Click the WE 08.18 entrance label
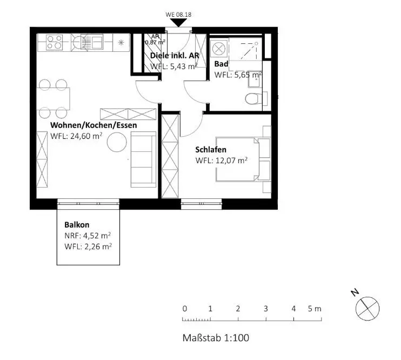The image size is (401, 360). [178, 15]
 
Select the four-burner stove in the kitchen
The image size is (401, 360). [54, 42]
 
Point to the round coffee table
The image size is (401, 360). [117, 142]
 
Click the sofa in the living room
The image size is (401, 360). [143, 159]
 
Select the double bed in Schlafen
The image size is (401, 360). [243, 159]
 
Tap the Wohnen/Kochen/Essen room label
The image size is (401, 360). [93, 125]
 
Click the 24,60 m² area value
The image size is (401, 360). [86, 136]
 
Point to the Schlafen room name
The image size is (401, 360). [211, 149]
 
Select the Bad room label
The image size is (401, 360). [221, 64]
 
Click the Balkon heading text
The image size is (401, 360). [77, 225]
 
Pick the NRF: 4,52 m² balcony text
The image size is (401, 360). [88, 236]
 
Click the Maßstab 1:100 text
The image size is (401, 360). [216, 338]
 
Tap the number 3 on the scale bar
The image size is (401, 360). [266, 309]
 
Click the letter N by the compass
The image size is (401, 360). [355, 292]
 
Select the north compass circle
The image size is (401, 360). [367, 308]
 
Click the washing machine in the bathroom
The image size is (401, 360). [219, 48]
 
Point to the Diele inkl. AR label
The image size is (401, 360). [175, 55]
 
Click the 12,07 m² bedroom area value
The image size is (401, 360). [231, 161]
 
